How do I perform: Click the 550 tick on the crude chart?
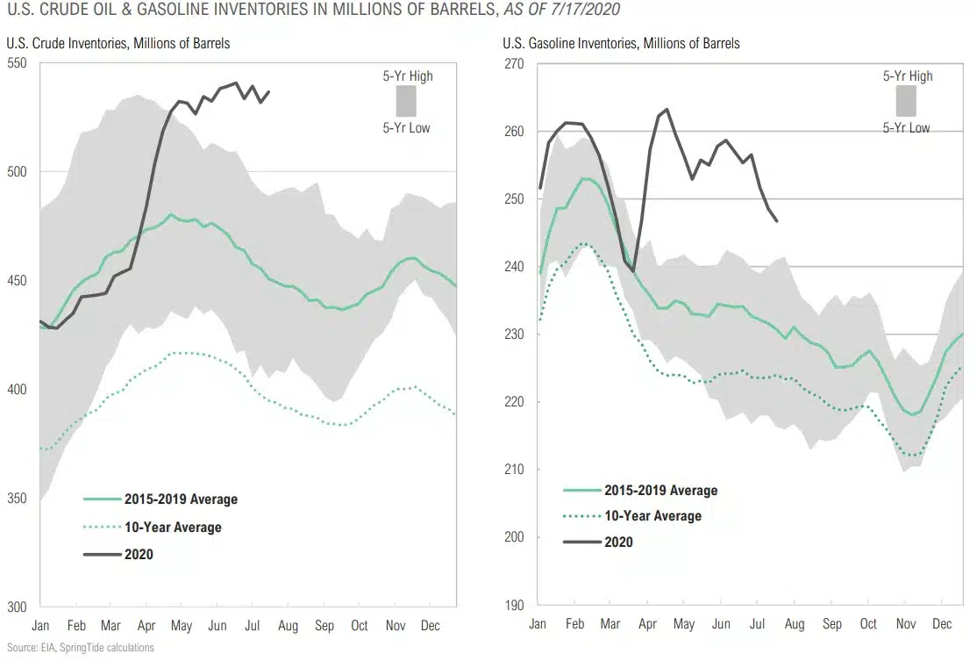tap(17, 63)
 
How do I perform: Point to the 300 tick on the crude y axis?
tap(17, 606)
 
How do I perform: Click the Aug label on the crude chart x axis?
tap(288, 626)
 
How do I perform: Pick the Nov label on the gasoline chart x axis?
tap(905, 625)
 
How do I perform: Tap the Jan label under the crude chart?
tap(39, 626)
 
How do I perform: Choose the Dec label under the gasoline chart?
tap(942, 625)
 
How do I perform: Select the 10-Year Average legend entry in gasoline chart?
tap(653, 516)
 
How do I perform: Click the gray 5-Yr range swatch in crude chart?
tap(405, 102)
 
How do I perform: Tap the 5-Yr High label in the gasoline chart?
tap(908, 76)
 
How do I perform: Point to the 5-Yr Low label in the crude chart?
tap(406, 128)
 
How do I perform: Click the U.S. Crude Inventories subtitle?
tap(118, 43)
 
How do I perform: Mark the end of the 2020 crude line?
tap(269, 91)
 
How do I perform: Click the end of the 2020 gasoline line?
tap(777, 221)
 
